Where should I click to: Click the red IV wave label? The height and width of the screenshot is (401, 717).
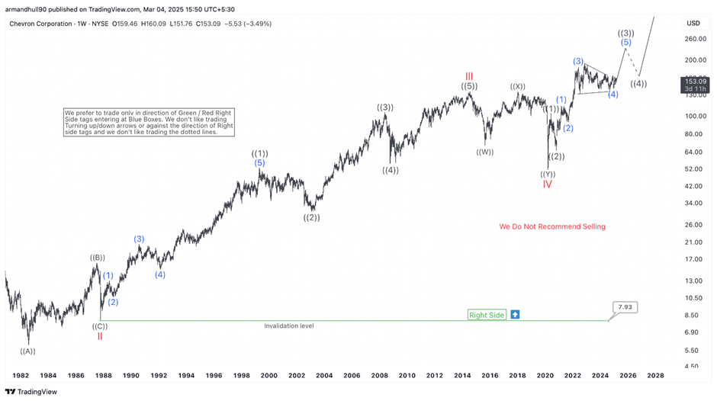pyautogui.click(x=547, y=184)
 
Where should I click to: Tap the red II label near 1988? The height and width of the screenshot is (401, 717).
pyautogui.click(x=100, y=336)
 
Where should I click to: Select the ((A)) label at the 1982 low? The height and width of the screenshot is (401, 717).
pyautogui.click(x=27, y=351)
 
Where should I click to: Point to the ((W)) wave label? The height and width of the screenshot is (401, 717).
pyautogui.click(x=484, y=152)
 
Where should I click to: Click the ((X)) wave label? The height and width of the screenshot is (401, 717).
pyautogui.click(x=517, y=86)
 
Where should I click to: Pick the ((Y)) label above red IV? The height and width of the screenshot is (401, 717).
pyautogui.click(x=547, y=174)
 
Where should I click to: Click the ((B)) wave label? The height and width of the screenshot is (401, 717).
pyautogui.click(x=98, y=258)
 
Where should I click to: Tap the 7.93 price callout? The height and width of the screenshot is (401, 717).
pyautogui.click(x=624, y=307)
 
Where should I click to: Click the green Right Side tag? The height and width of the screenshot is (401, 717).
pyautogui.click(x=487, y=315)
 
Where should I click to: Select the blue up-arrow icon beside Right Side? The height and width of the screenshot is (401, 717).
pyautogui.click(x=515, y=315)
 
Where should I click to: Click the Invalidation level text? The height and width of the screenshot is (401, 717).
pyautogui.click(x=288, y=326)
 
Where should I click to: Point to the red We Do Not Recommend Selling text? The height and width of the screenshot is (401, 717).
pyautogui.click(x=552, y=226)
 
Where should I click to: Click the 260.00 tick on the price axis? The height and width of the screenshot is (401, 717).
pyautogui.click(x=693, y=39)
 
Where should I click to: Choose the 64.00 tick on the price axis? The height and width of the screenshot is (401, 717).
pyautogui.click(x=693, y=152)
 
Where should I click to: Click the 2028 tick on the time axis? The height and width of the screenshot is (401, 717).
pyautogui.click(x=654, y=376)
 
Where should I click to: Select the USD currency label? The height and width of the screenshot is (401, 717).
pyautogui.click(x=693, y=23)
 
